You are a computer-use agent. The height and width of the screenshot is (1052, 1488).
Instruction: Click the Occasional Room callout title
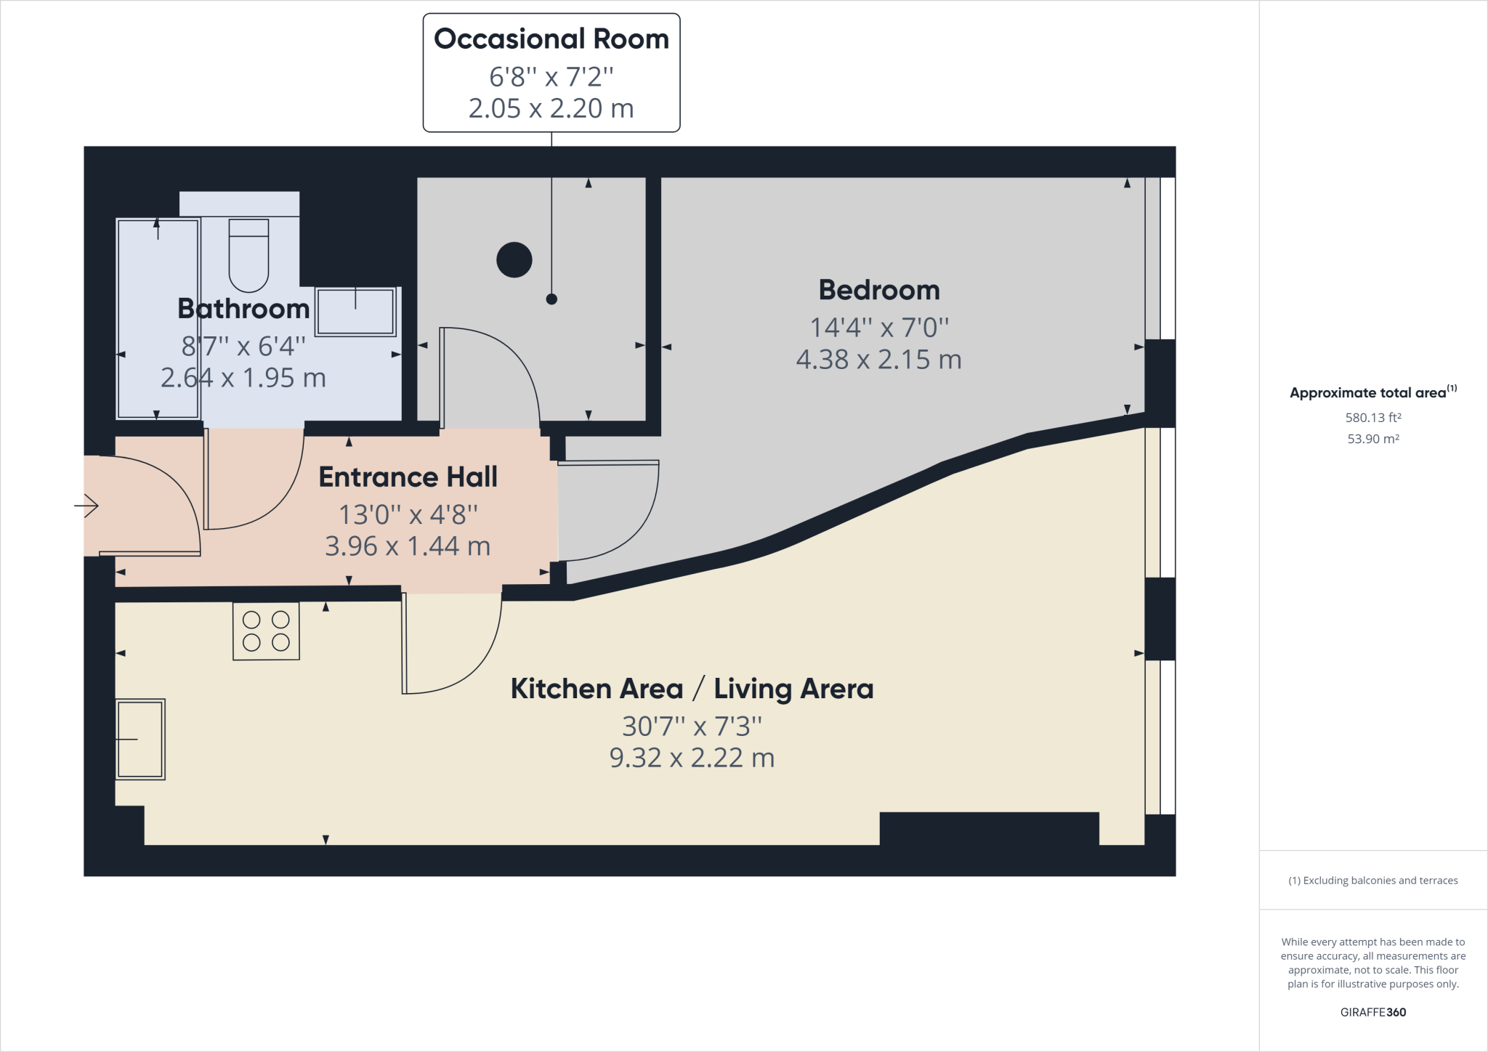tap(551, 39)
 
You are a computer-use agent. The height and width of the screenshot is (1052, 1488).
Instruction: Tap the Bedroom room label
tap(878, 290)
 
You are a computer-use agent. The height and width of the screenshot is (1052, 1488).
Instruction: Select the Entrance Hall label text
tap(408, 477)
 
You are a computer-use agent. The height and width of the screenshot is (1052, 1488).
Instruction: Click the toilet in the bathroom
tap(248, 256)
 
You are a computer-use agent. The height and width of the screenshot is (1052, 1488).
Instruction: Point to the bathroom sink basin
tap(355, 312)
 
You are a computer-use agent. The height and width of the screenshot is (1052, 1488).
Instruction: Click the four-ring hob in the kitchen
tap(266, 631)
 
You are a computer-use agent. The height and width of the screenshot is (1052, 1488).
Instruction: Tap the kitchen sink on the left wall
tap(140, 739)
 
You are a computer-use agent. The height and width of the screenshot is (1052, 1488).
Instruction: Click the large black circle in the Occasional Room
tap(514, 259)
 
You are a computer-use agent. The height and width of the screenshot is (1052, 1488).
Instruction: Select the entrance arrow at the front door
tap(87, 505)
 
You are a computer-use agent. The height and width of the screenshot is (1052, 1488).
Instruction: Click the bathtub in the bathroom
tap(158, 319)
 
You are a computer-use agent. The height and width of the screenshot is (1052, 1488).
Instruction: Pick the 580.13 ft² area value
tap(1372, 418)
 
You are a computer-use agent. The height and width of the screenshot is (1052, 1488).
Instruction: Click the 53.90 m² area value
tap(1372, 439)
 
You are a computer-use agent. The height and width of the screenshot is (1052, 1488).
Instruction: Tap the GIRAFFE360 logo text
tap(1372, 1012)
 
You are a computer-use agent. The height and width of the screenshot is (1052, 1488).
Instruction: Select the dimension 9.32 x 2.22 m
tap(692, 758)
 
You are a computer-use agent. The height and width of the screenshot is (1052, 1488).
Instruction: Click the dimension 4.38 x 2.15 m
tap(878, 360)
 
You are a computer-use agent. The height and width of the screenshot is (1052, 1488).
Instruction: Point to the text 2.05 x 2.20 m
tap(551, 109)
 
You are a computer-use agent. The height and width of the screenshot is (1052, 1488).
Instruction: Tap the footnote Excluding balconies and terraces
tap(1372, 881)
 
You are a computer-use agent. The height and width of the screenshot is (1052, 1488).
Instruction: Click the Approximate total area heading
tap(1367, 393)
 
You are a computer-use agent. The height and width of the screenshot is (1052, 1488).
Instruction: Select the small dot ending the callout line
tap(551, 299)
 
